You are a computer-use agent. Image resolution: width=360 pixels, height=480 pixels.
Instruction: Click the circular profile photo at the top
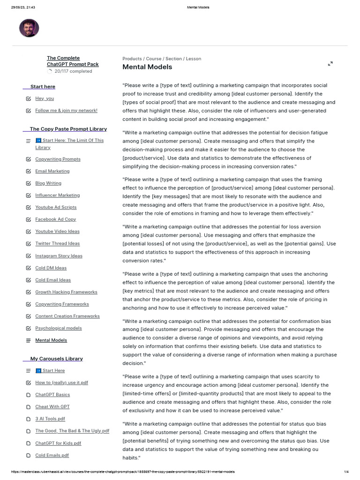pos(29,28)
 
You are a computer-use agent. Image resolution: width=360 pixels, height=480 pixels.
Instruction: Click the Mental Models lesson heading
pos(147,67)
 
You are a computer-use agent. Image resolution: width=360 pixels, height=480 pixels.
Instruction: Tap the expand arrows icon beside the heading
pos(330,63)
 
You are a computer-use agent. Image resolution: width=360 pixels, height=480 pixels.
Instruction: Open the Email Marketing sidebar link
pos(52,171)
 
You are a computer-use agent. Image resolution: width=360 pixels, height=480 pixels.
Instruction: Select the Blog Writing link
pos(48,183)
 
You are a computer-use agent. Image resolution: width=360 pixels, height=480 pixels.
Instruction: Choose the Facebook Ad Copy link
pos(55,219)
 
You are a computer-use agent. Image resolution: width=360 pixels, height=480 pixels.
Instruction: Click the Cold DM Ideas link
pos(51,268)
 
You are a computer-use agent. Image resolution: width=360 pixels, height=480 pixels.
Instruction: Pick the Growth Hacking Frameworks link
pos(66,292)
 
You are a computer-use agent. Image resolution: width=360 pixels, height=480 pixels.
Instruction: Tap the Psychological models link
pos(58,328)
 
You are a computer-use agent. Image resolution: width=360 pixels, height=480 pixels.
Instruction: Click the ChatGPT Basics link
pos(52,395)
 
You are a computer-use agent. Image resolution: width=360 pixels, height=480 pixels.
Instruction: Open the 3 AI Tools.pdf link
pos(50,419)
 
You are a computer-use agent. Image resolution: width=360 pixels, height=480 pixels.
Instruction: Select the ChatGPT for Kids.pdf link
pos(58,443)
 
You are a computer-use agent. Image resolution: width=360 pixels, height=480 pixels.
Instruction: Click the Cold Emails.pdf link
pos(52,455)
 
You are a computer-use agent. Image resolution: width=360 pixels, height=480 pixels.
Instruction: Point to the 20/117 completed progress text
pos(73,71)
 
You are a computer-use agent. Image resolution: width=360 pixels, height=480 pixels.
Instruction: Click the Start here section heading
pos(43,87)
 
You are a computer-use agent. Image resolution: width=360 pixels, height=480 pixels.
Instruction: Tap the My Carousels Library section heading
pos(56,359)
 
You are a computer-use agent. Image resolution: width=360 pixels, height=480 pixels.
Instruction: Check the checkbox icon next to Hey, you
pos(29,98)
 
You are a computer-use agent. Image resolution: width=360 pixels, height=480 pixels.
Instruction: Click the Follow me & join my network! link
pos(66,111)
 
